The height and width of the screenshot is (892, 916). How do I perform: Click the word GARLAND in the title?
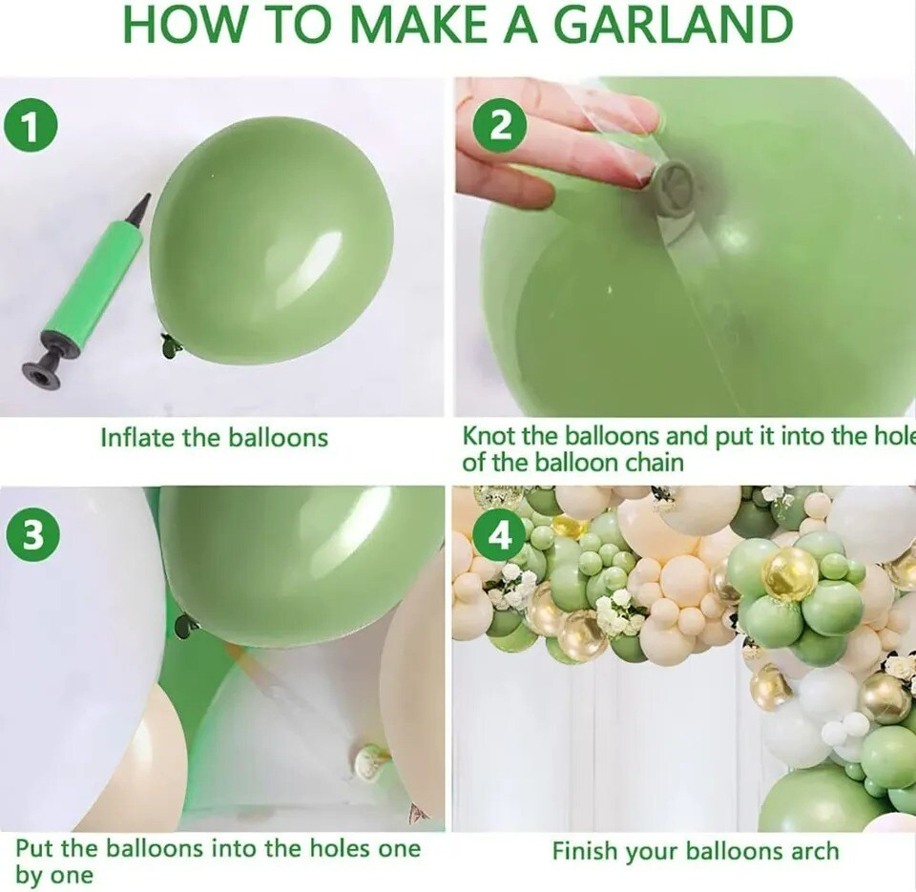coord(673,25)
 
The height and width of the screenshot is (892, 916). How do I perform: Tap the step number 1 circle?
coord(31,127)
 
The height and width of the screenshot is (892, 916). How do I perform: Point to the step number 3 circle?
coord(32,535)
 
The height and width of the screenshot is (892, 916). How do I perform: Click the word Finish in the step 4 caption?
coord(586,851)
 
